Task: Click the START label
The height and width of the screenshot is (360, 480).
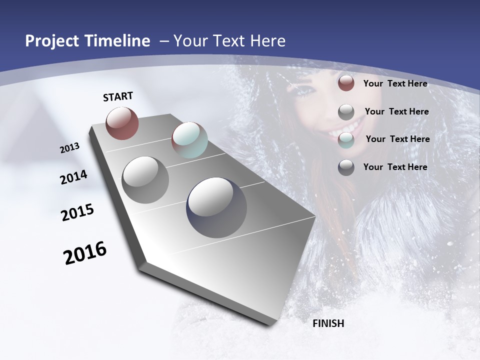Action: click(x=118, y=96)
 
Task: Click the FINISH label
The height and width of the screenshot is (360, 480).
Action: click(x=328, y=323)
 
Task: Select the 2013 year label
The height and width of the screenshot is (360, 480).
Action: click(x=70, y=148)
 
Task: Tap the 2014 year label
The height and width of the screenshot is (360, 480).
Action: click(x=74, y=177)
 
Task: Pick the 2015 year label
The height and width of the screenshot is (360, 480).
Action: click(x=77, y=212)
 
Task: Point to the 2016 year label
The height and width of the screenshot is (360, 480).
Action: click(x=85, y=253)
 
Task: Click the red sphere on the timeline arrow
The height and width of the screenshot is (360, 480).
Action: click(x=122, y=123)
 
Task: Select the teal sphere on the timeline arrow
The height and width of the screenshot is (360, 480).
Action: click(x=189, y=140)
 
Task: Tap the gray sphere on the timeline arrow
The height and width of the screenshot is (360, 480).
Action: click(x=145, y=180)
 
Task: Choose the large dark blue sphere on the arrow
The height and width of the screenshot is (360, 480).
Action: click(x=216, y=207)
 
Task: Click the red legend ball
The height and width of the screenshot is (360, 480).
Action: click(x=346, y=83)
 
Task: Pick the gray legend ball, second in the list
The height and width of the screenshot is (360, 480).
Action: click(x=346, y=112)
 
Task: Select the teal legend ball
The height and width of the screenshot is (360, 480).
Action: click(x=346, y=140)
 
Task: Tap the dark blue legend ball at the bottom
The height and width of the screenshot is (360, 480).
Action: click(x=346, y=167)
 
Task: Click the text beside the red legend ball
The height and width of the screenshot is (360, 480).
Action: click(x=395, y=83)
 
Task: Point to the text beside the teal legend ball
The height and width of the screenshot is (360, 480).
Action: click(x=397, y=139)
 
